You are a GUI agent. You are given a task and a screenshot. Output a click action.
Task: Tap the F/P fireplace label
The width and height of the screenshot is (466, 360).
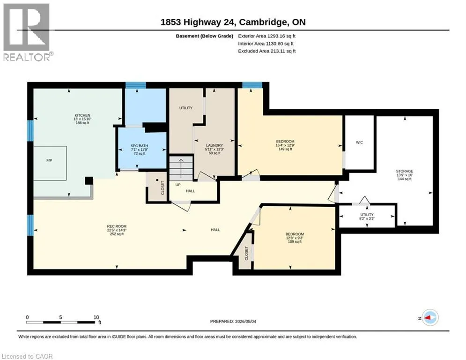click(49, 160)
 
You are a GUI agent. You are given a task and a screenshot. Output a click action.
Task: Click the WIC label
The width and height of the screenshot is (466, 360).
click(359, 142)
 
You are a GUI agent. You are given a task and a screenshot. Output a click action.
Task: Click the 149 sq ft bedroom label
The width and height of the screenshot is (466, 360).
click(285, 145)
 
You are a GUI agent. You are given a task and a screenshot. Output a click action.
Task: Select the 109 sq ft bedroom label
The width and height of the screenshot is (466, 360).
click(295, 238)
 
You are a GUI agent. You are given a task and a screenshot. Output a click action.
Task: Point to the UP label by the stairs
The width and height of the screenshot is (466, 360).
click(178, 185)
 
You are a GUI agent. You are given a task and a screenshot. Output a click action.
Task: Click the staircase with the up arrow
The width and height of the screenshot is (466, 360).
click(181, 168)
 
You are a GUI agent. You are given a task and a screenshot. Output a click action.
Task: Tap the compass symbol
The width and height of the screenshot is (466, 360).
click(430, 318)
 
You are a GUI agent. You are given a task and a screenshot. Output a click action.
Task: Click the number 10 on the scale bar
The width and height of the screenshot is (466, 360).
click(96, 317)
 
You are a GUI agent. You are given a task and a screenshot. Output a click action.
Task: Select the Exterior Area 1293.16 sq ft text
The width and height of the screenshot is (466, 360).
click(266, 36)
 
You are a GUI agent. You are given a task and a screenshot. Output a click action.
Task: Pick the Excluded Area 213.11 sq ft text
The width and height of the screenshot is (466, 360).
click(266, 51)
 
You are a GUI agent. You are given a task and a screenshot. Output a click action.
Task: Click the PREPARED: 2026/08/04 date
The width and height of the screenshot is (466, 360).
click(233, 321)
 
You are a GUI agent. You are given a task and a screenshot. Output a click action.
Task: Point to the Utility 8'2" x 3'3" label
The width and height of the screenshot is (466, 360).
click(367, 216)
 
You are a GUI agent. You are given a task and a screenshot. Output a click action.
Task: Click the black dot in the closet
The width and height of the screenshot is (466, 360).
click(157, 180)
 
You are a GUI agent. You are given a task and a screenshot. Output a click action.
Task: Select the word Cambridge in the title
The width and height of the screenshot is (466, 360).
click(263, 22)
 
